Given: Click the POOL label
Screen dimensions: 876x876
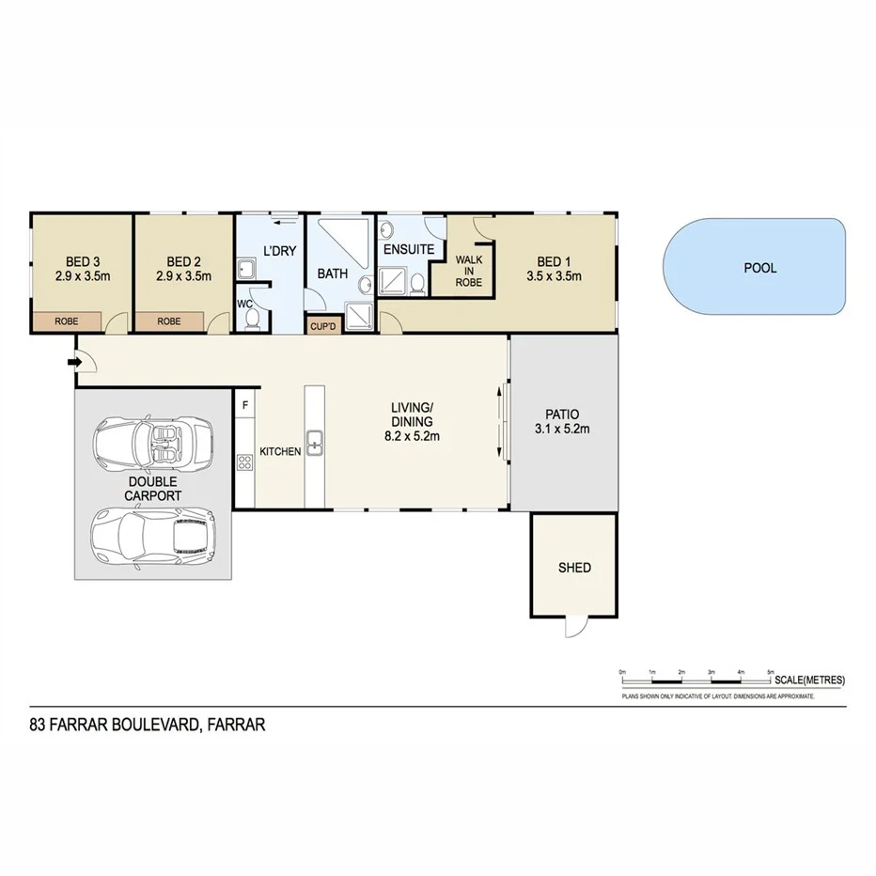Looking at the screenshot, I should point(759,268).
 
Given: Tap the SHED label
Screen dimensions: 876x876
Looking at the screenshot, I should point(574,568).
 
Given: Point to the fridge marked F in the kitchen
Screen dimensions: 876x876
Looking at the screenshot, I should point(245,405).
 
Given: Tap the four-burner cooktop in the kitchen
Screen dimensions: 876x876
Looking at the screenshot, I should point(244,461).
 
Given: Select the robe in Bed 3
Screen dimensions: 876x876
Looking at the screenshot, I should point(67,321).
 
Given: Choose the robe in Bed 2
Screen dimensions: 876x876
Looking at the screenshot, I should point(169,321).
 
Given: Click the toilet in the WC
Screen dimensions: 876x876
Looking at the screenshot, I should point(251,321).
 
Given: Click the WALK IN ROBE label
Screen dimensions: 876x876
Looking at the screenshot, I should point(468,270).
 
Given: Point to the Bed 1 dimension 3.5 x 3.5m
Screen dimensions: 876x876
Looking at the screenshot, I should point(554,276).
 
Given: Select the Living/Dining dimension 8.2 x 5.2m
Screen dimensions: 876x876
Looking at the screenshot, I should point(412,436).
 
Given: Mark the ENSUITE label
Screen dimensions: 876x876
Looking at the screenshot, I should point(408,250).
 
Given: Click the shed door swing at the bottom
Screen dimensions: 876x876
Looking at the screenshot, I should point(574,627).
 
